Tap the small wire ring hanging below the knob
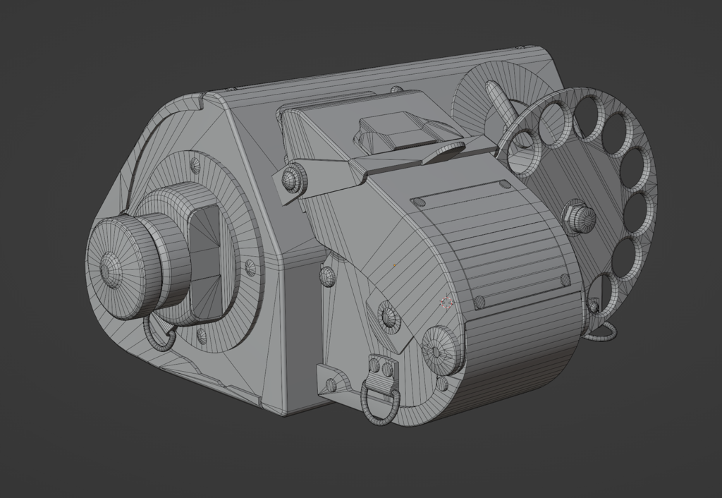159,334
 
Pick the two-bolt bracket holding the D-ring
381,370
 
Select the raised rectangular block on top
398,131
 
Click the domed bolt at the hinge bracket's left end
292,179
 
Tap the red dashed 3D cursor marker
446,303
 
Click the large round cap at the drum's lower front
441,349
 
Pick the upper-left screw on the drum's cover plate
417,203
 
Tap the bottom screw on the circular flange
201,334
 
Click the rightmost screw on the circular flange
250,267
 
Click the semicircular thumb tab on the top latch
443,151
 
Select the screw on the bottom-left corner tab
331,385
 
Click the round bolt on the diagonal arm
388,315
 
